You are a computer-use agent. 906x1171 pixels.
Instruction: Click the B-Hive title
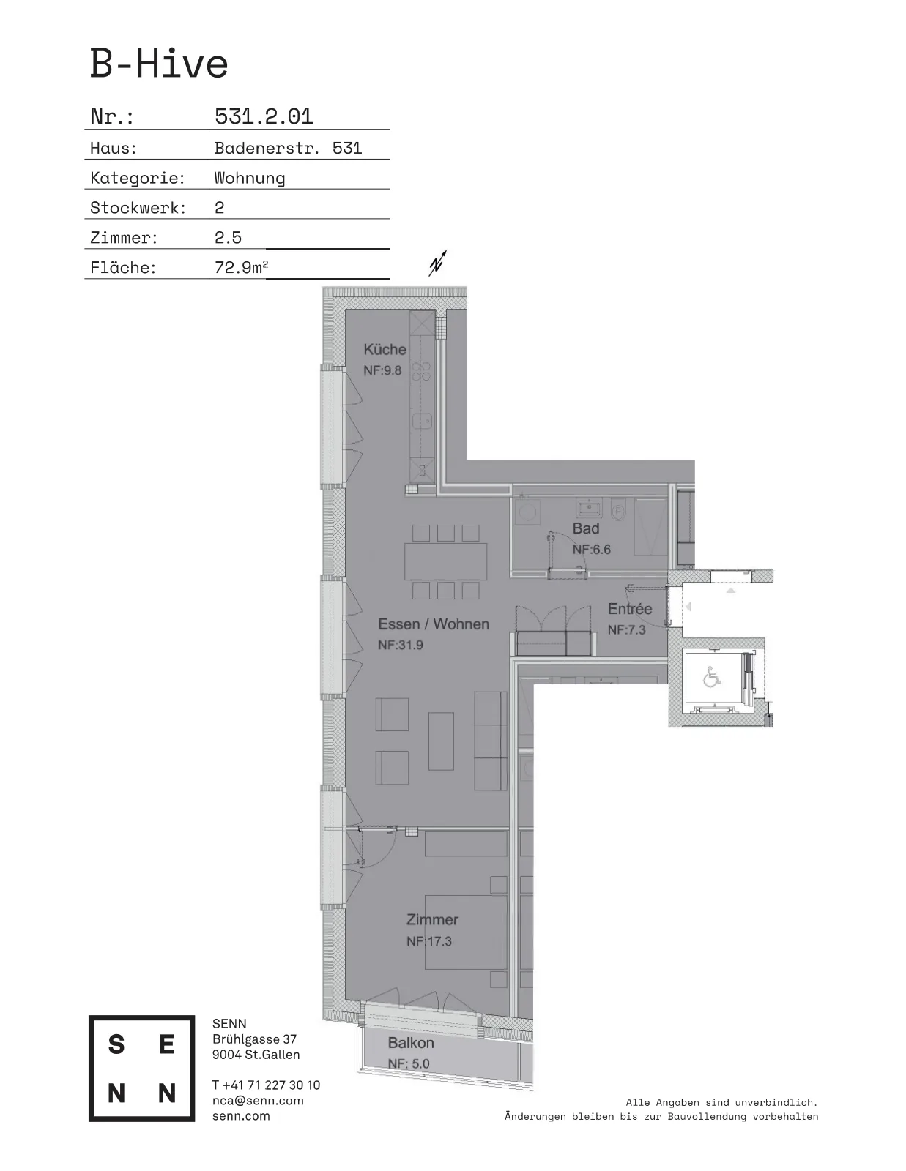tap(158, 64)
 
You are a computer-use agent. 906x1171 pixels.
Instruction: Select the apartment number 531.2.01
tap(264, 116)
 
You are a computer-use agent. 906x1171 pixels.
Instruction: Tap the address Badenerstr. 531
tap(288, 148)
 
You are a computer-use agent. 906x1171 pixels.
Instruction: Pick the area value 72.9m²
tap(241, 266)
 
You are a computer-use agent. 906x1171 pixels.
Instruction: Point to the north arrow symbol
tap(437, 263)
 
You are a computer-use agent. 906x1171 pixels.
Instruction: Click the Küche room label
tap(385, 349)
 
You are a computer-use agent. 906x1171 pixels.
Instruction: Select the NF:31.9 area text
tap(400, 645)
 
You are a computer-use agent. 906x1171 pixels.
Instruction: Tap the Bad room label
tap(586, 528)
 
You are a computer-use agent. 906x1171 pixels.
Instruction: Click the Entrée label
tap(629, 609)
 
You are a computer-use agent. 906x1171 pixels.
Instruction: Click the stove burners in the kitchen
tap(422, 372)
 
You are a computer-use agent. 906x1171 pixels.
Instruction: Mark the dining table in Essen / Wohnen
tap(445, 561)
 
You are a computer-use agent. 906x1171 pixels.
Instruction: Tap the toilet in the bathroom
tap(619, 510)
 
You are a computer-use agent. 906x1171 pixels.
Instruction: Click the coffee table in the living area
tap(441, 741)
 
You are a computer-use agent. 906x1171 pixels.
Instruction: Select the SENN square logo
tap(142, 1069)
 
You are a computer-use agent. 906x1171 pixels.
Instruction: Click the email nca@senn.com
tap(258, 1101)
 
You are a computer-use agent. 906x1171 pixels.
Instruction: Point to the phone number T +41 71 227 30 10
tap(266, 1085)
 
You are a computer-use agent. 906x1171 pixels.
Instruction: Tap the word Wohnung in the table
tap(250, 178)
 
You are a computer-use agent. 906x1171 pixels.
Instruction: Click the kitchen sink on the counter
tap(423, 420)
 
